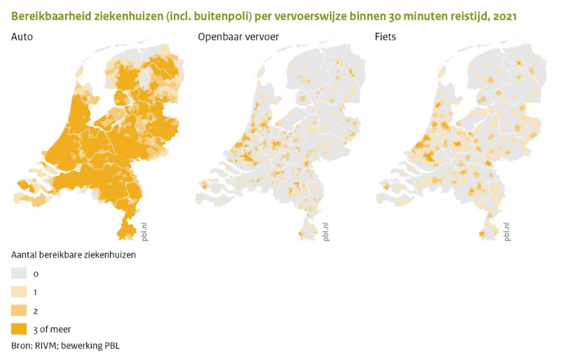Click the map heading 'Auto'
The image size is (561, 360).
coord(22,38)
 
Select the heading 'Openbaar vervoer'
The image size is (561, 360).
coord(238,38)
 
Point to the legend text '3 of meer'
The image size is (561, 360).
coord(52,329)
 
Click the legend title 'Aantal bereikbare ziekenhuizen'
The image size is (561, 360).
coord(73,255)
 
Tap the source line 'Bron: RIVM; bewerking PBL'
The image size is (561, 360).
coord(65,345)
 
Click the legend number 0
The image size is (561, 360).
coord(35,274)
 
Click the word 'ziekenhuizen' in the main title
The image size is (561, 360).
coord(130,17)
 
